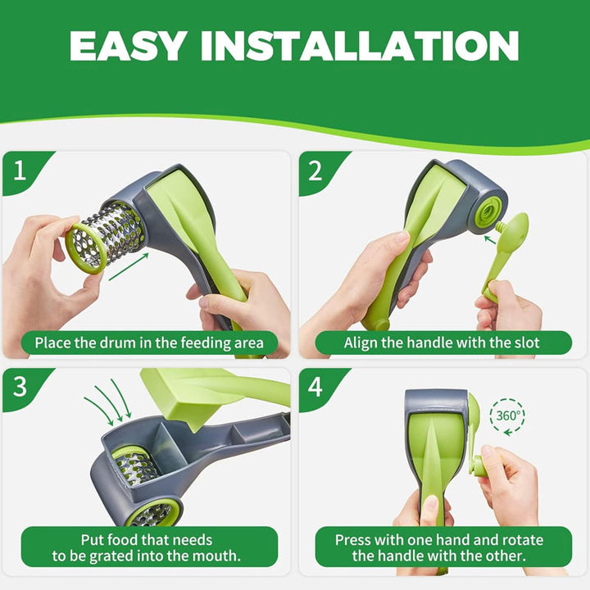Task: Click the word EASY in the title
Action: pyautogui.click(x=128, y=46)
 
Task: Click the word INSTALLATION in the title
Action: pyautogui.click(x=360, y=46)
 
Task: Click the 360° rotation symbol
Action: pyautogui.click(x=507, y=416)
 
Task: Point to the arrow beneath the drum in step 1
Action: pyautogui.click(x=129, y=267)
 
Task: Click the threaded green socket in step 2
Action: pyautogui.click(x=488, y=213)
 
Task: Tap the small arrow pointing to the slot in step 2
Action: pyautogui.click(x=489, y=239)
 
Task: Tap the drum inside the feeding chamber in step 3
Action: pyautogui.click(x=135, y=465)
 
